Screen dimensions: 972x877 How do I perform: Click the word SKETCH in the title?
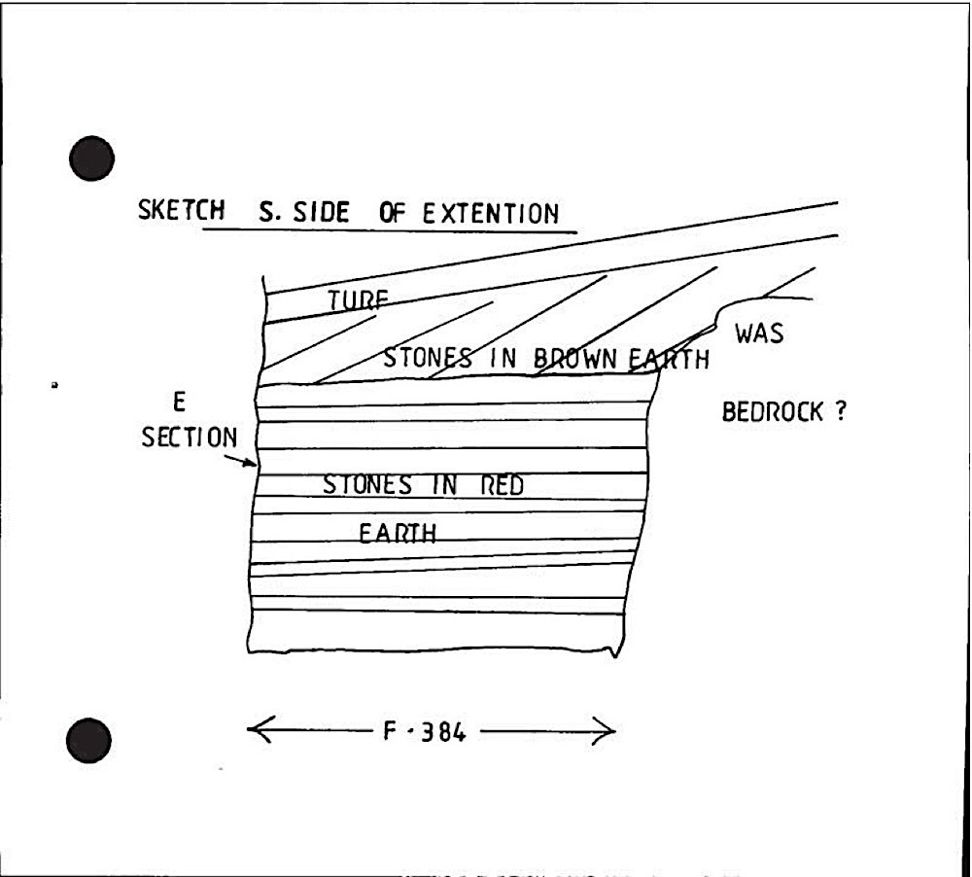coord(181,210)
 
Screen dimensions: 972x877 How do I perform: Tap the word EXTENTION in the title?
coord(490,214)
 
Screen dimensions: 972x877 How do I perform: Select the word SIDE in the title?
coord(321,212)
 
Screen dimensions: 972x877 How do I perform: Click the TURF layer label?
coord(358,300)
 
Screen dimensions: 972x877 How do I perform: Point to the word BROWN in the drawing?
coord(574,359)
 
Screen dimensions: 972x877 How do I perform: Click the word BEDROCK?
coord(772,412)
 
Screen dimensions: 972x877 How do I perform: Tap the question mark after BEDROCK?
coord(840,411)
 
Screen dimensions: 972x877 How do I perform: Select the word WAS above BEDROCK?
coord(759,333)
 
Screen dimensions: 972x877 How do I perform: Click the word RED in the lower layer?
coord(503,485)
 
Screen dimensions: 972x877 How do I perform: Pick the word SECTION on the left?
coord(190,438)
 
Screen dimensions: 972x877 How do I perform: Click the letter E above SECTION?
coord(179,403)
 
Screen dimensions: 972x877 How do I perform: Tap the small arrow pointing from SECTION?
coord(240,460)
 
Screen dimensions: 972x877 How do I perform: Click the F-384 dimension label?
coord(424,732)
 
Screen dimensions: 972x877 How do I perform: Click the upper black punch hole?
coord(91,158)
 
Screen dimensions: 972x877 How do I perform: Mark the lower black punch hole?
coord(88,740)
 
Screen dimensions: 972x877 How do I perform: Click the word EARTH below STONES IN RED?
coord(398,534)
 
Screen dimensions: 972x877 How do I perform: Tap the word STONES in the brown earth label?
coord(428,358)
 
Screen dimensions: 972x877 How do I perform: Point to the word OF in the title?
coord(393,213)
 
